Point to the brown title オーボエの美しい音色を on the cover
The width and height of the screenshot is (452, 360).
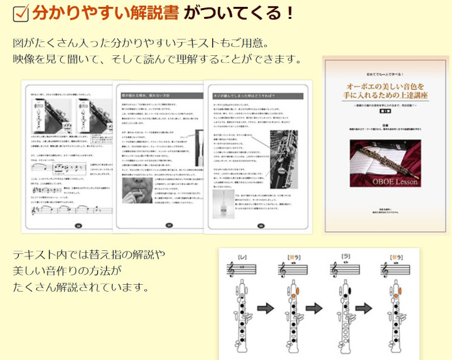386,85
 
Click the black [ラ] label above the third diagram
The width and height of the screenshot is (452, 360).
345,256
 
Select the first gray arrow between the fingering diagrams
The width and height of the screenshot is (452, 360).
266,308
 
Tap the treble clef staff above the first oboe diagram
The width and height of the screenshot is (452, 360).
243,268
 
